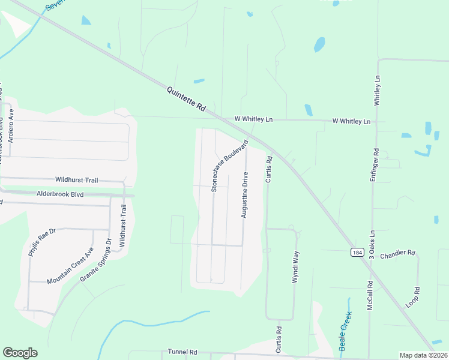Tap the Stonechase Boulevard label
[x=229, y=166]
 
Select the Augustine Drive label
[x=244, y=195]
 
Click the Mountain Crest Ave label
[x=70, y=265]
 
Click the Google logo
[x=20, y=353]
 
